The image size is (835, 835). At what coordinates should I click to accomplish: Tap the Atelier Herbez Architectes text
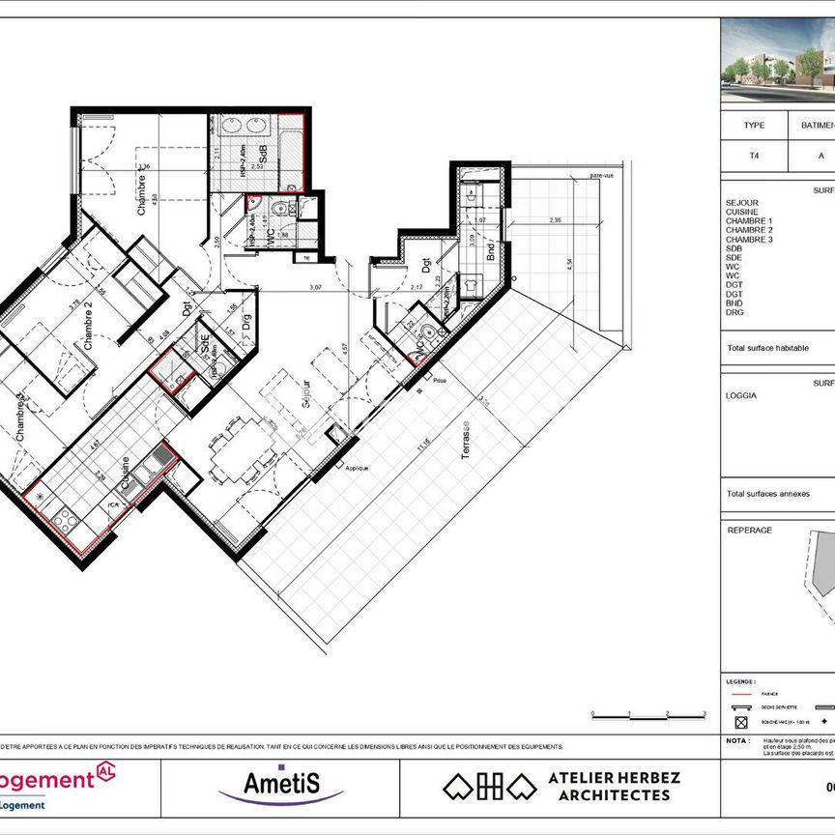pyautogui.click(x=614, y=786)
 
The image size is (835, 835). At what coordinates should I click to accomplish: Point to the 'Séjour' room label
pyautogui.click(x=303, y=394)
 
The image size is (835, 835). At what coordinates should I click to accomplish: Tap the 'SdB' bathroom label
pyautogui.click(x=263, y=154)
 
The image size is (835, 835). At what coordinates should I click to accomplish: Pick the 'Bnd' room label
pyautogui.click(x=491, y=252)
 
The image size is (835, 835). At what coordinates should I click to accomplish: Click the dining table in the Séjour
pyautogui.click(x=238, y=455)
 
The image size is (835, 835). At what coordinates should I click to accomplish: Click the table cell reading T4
pyautogui.click(x=754, y=154)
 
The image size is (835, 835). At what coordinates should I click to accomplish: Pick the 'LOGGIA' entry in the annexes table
pyautogui.click(x=742, y=395)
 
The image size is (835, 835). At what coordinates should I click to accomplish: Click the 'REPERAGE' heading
pyautogui.click(x=749, y=530)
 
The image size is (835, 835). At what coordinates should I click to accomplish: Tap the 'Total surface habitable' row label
pyautogui.click(x=767, y=348)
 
